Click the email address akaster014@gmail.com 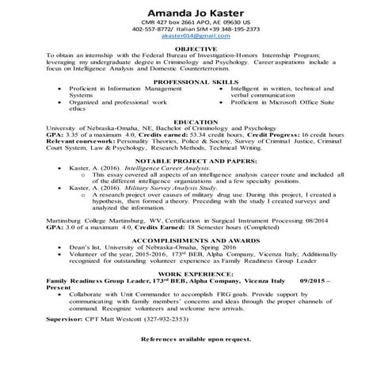[195, 36]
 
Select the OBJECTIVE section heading [195, 48]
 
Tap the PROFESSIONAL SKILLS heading [195, 82]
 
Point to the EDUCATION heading [195, 122]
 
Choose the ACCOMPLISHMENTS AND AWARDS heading [195, 238]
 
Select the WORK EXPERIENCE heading [195, 274]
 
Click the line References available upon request [195, 338]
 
